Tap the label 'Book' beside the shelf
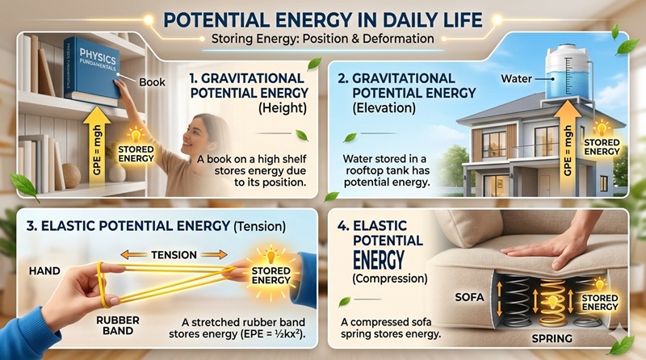tap(154, 82)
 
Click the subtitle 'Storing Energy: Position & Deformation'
tap(323, 38)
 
